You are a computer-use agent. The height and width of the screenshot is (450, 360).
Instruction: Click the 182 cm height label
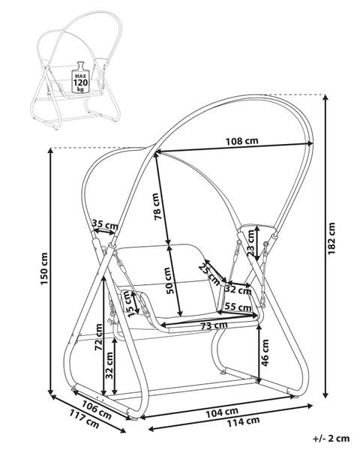pos(331,238)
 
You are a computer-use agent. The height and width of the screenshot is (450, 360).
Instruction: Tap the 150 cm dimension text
pos(44,269)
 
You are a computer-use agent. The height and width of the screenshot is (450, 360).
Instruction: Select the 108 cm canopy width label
pos(241,141)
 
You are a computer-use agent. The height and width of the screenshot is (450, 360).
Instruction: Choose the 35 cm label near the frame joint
pos(105,224)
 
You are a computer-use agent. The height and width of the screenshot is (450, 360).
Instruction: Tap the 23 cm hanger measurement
pos(250,243)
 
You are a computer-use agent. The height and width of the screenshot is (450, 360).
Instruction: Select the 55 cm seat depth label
pos(238,307)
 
